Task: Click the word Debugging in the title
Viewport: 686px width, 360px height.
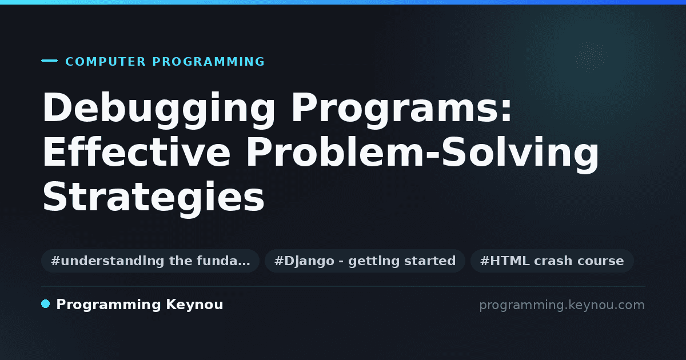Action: [x=159, y=110]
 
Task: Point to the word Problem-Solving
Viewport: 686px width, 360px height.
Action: [x=422, y=155]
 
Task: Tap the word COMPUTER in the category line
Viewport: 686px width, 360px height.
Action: [x=106, y=62]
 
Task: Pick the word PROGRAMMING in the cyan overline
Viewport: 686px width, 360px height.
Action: [x=209, y=62]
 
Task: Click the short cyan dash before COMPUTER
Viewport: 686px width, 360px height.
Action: [x=49, y=61]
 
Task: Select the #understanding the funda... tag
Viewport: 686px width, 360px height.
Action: [x=150, y=261]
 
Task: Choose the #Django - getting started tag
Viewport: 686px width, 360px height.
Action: [x=365, y=261]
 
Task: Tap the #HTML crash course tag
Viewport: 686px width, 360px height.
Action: [x=552, y=261]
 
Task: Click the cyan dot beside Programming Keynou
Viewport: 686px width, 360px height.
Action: [x=46, y=304]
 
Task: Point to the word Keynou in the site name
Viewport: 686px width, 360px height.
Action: [x=194, y=305]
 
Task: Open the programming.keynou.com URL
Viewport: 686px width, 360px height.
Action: [x=562, y=305]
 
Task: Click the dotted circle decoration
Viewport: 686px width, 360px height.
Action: [x=591, y=57]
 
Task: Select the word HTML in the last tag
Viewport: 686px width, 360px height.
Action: [x=509, y=261]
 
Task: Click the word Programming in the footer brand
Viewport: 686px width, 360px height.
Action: [x=109, y=305]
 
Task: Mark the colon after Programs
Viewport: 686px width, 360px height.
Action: [x=506, y=110]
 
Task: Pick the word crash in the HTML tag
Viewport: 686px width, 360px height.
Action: [x=553, y=261]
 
